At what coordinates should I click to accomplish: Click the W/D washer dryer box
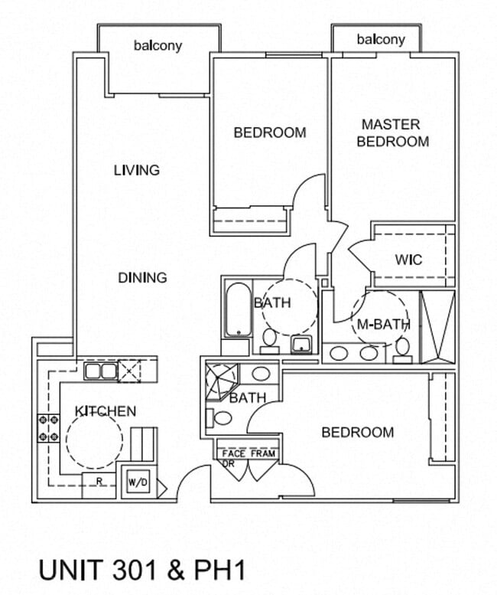[138, 482]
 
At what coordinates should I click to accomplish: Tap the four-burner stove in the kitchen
[48, 428]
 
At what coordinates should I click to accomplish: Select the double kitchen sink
[101, 371]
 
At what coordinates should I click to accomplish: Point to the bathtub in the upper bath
[239, 310]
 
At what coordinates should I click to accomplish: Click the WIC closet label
[408, 260]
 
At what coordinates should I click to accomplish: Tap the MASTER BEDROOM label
[393, 132]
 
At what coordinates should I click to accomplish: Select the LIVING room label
[137, 170]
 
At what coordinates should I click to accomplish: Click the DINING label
[142, 278]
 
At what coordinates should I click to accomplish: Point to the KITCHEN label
[106, 411]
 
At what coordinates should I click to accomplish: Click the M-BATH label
[383, 325]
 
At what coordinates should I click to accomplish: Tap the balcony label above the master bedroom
[381, 40]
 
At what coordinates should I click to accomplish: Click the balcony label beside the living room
[158, 46]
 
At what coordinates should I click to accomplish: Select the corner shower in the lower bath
[221, 382]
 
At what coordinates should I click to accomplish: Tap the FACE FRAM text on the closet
[248, 453]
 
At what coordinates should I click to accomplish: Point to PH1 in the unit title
[219, 570]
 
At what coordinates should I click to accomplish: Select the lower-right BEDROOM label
[358, 432]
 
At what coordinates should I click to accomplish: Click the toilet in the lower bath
[219, 418]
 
